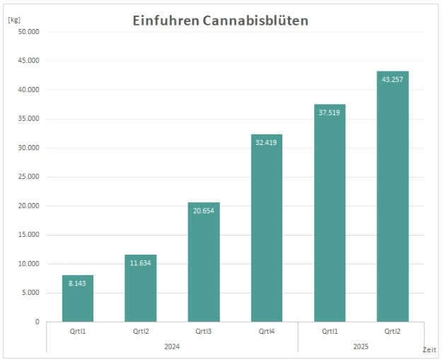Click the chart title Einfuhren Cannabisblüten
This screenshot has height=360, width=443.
click(x=221, y=21)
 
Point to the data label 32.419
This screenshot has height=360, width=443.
click(x=267, y=142)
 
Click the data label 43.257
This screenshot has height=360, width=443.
click(x=393, y=79)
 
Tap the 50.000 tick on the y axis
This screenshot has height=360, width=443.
click(x=29, y=32)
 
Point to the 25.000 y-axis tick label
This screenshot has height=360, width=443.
click(x=29, y=177)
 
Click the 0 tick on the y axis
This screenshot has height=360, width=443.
click(x=37, y=322)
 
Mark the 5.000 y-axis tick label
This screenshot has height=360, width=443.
click(x=31, y=293)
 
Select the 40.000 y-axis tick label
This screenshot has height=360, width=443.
click(x=29, y=90)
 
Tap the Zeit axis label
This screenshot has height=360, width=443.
click(x=429, y=349)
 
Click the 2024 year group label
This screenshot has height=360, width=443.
click(x=172, y=346)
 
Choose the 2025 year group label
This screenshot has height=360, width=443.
click(x=361, y=346)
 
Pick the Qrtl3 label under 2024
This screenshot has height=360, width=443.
click(x=204, y=330)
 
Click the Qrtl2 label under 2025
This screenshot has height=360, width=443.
click(x=393, y=330)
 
